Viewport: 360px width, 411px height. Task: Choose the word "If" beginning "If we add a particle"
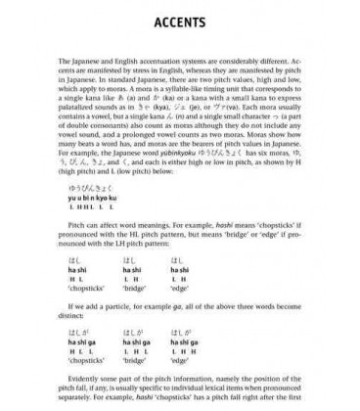(76, 310)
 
